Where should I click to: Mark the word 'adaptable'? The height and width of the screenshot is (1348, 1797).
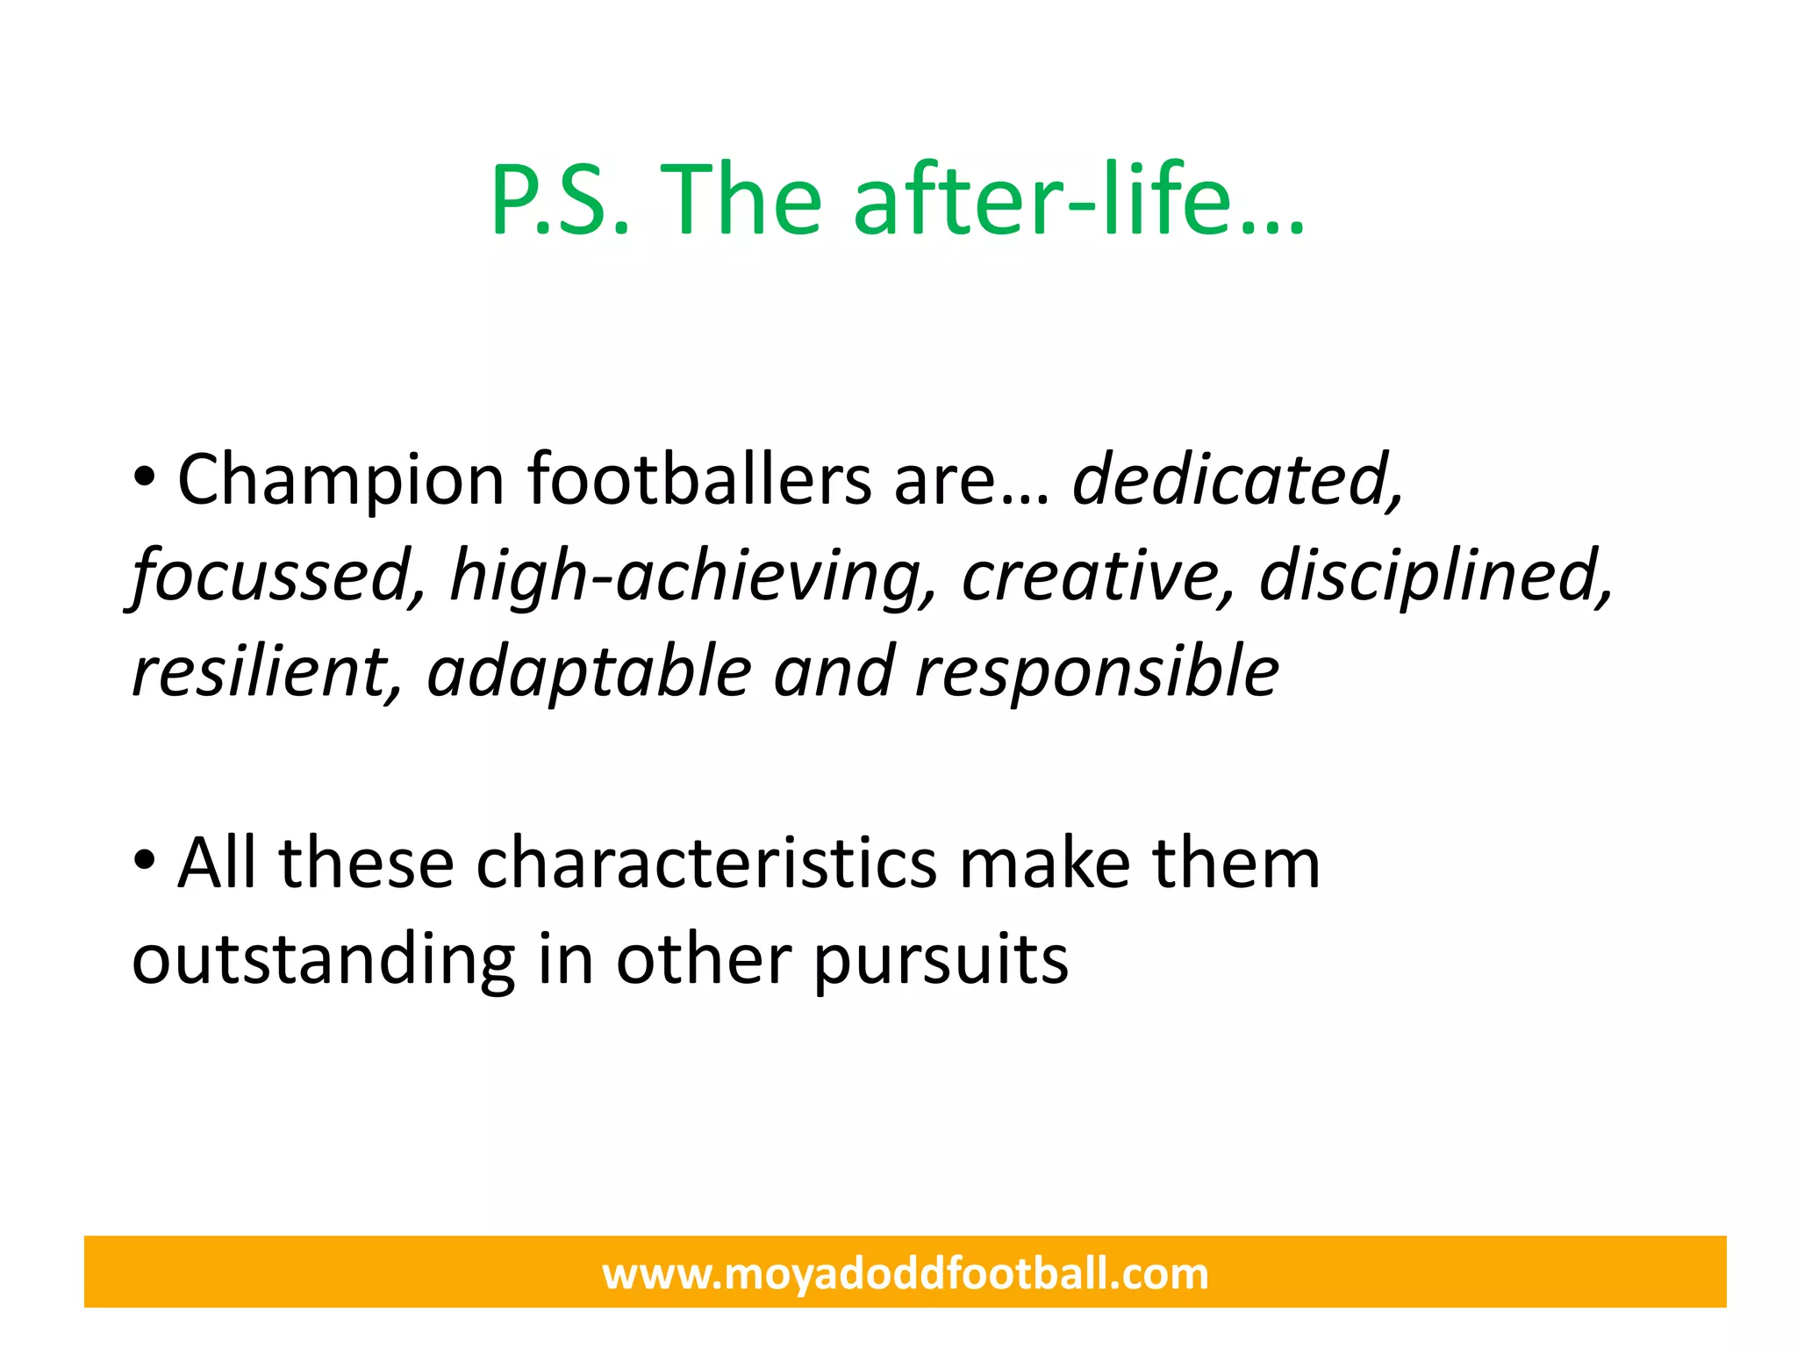click(x=589, y=671)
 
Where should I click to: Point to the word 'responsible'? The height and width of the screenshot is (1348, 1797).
click(x=1097, y=671)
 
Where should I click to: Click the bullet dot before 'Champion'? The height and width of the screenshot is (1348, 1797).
click(x=144, y=479)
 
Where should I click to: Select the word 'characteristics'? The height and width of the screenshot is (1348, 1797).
click(x=706, y=864)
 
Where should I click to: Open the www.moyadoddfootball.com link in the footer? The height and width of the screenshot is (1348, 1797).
click(x=905, y=1273)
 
